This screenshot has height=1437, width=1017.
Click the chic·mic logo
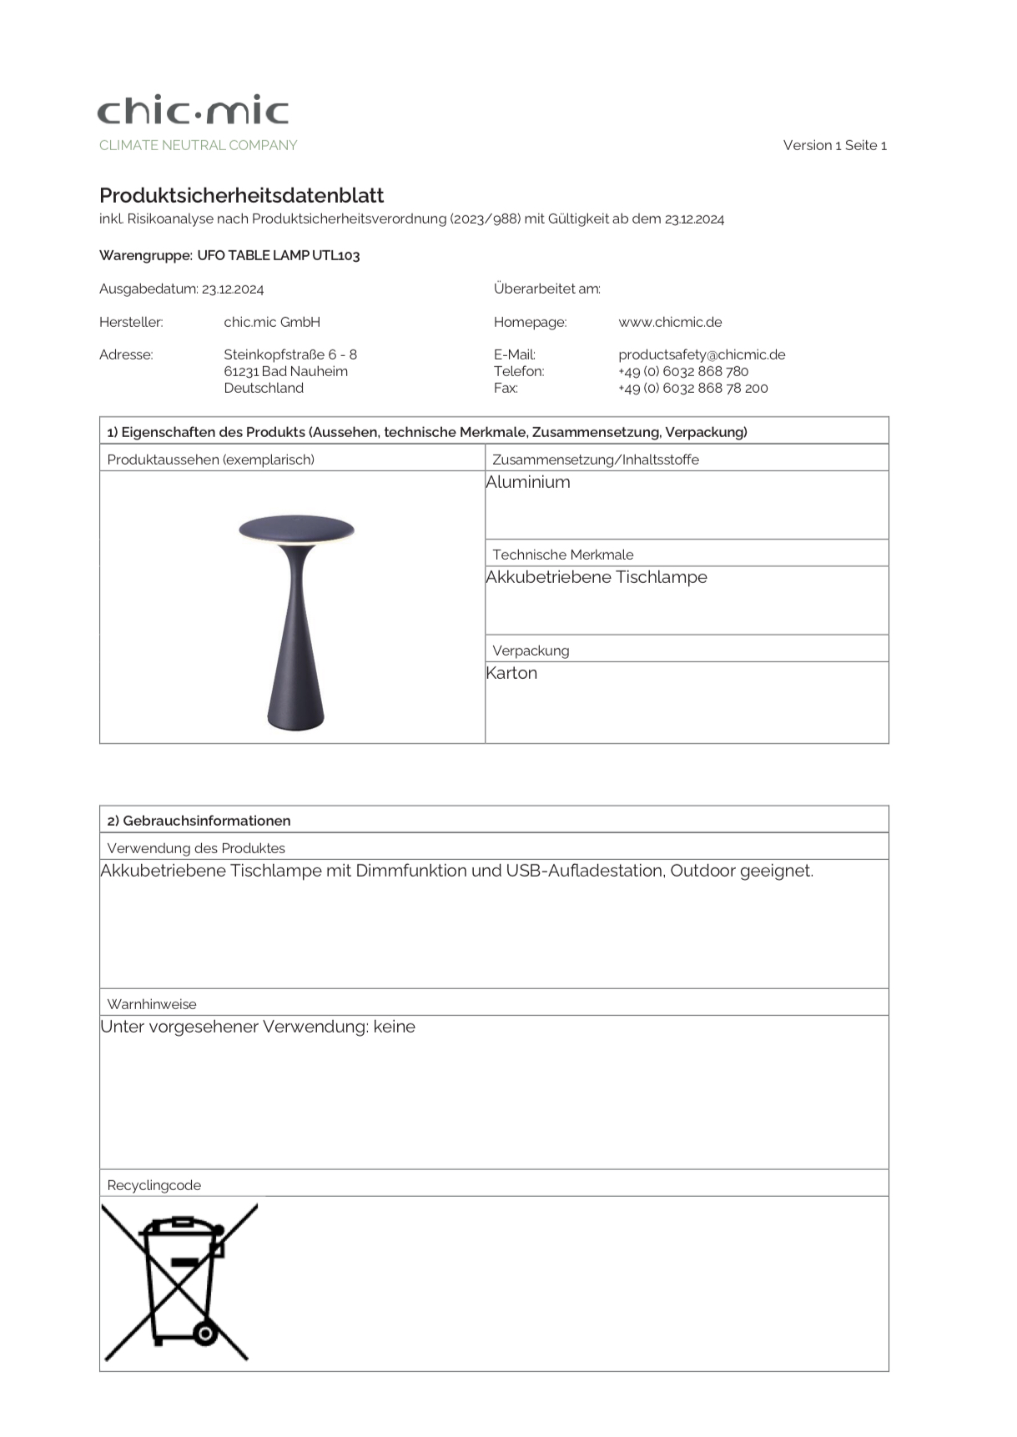click(x=193, y=110)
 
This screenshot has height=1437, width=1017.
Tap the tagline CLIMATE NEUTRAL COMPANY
click(x=198, y=145)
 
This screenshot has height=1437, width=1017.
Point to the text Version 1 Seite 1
click(x=834, y=145)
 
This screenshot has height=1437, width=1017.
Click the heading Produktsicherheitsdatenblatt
click(x=241, y=195)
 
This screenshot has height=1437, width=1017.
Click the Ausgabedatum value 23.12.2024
click(x=233, y=289)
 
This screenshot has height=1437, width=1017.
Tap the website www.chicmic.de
click(x=670, y=322)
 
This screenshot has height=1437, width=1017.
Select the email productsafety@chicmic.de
click(x=702, y=354)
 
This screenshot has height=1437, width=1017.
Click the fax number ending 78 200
click(x=692, y=388)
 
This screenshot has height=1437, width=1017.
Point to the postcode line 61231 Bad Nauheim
click(x=285, y=371)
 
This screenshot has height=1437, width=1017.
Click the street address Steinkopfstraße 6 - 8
click(x=290, y=354)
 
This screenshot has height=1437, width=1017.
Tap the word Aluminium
click(x=528, y=482)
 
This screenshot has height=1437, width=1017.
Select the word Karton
click(x=511, y=673)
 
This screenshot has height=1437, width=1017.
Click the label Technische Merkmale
click(x=563, y=555)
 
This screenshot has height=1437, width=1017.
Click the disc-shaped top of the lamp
click(x=296, y=528)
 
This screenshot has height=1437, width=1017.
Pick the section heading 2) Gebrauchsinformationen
click(x=199, y=821)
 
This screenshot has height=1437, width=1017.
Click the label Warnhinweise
click(x=152, y=1004)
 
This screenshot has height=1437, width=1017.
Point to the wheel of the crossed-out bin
click(x=204, y=1334)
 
